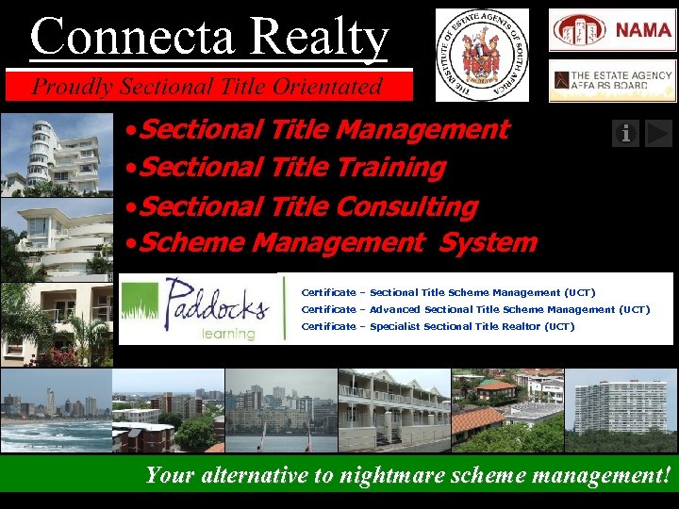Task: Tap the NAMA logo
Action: (x=613, y=30)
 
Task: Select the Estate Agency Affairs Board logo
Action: (x=613, y=80)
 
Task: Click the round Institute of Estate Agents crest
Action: (x=482, y=55)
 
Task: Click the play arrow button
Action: (x=659, y=133)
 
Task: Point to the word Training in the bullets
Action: (x=390, y=168)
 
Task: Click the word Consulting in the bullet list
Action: (x=406, y=205)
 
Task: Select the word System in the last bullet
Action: (x=488, y=242)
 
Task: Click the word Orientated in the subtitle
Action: (x=328, y=87)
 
